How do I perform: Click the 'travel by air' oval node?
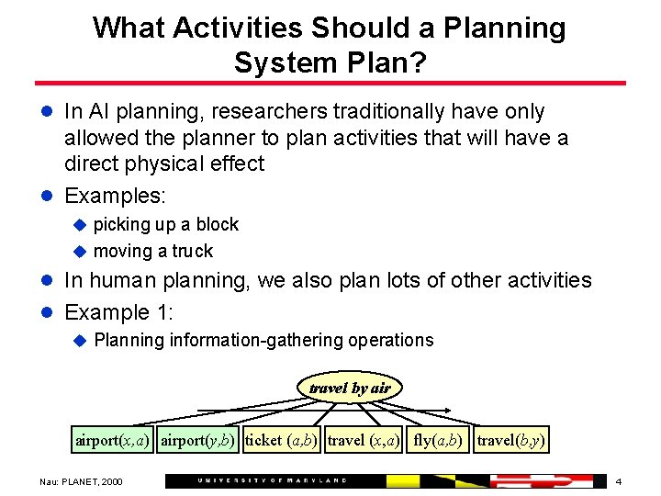pyautogui.click(x=350, y=388)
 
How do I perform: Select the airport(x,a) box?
pyautogui.click(x=113, y=440)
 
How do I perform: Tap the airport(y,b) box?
pyautogui.click(x=199, y=440)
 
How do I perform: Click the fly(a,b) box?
pyautogui.click(x=439, y=440)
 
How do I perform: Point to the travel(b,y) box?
pyautogui.click(x=512, y=440)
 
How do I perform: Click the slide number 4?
pyautogui.click(x=619, y=481)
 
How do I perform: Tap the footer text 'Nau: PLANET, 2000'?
pyautogui.click(x=80, y=481)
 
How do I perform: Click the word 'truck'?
pyautogui.click(x=192, y=251)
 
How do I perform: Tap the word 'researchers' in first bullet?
pyautogui.click(x=270, y=111)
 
